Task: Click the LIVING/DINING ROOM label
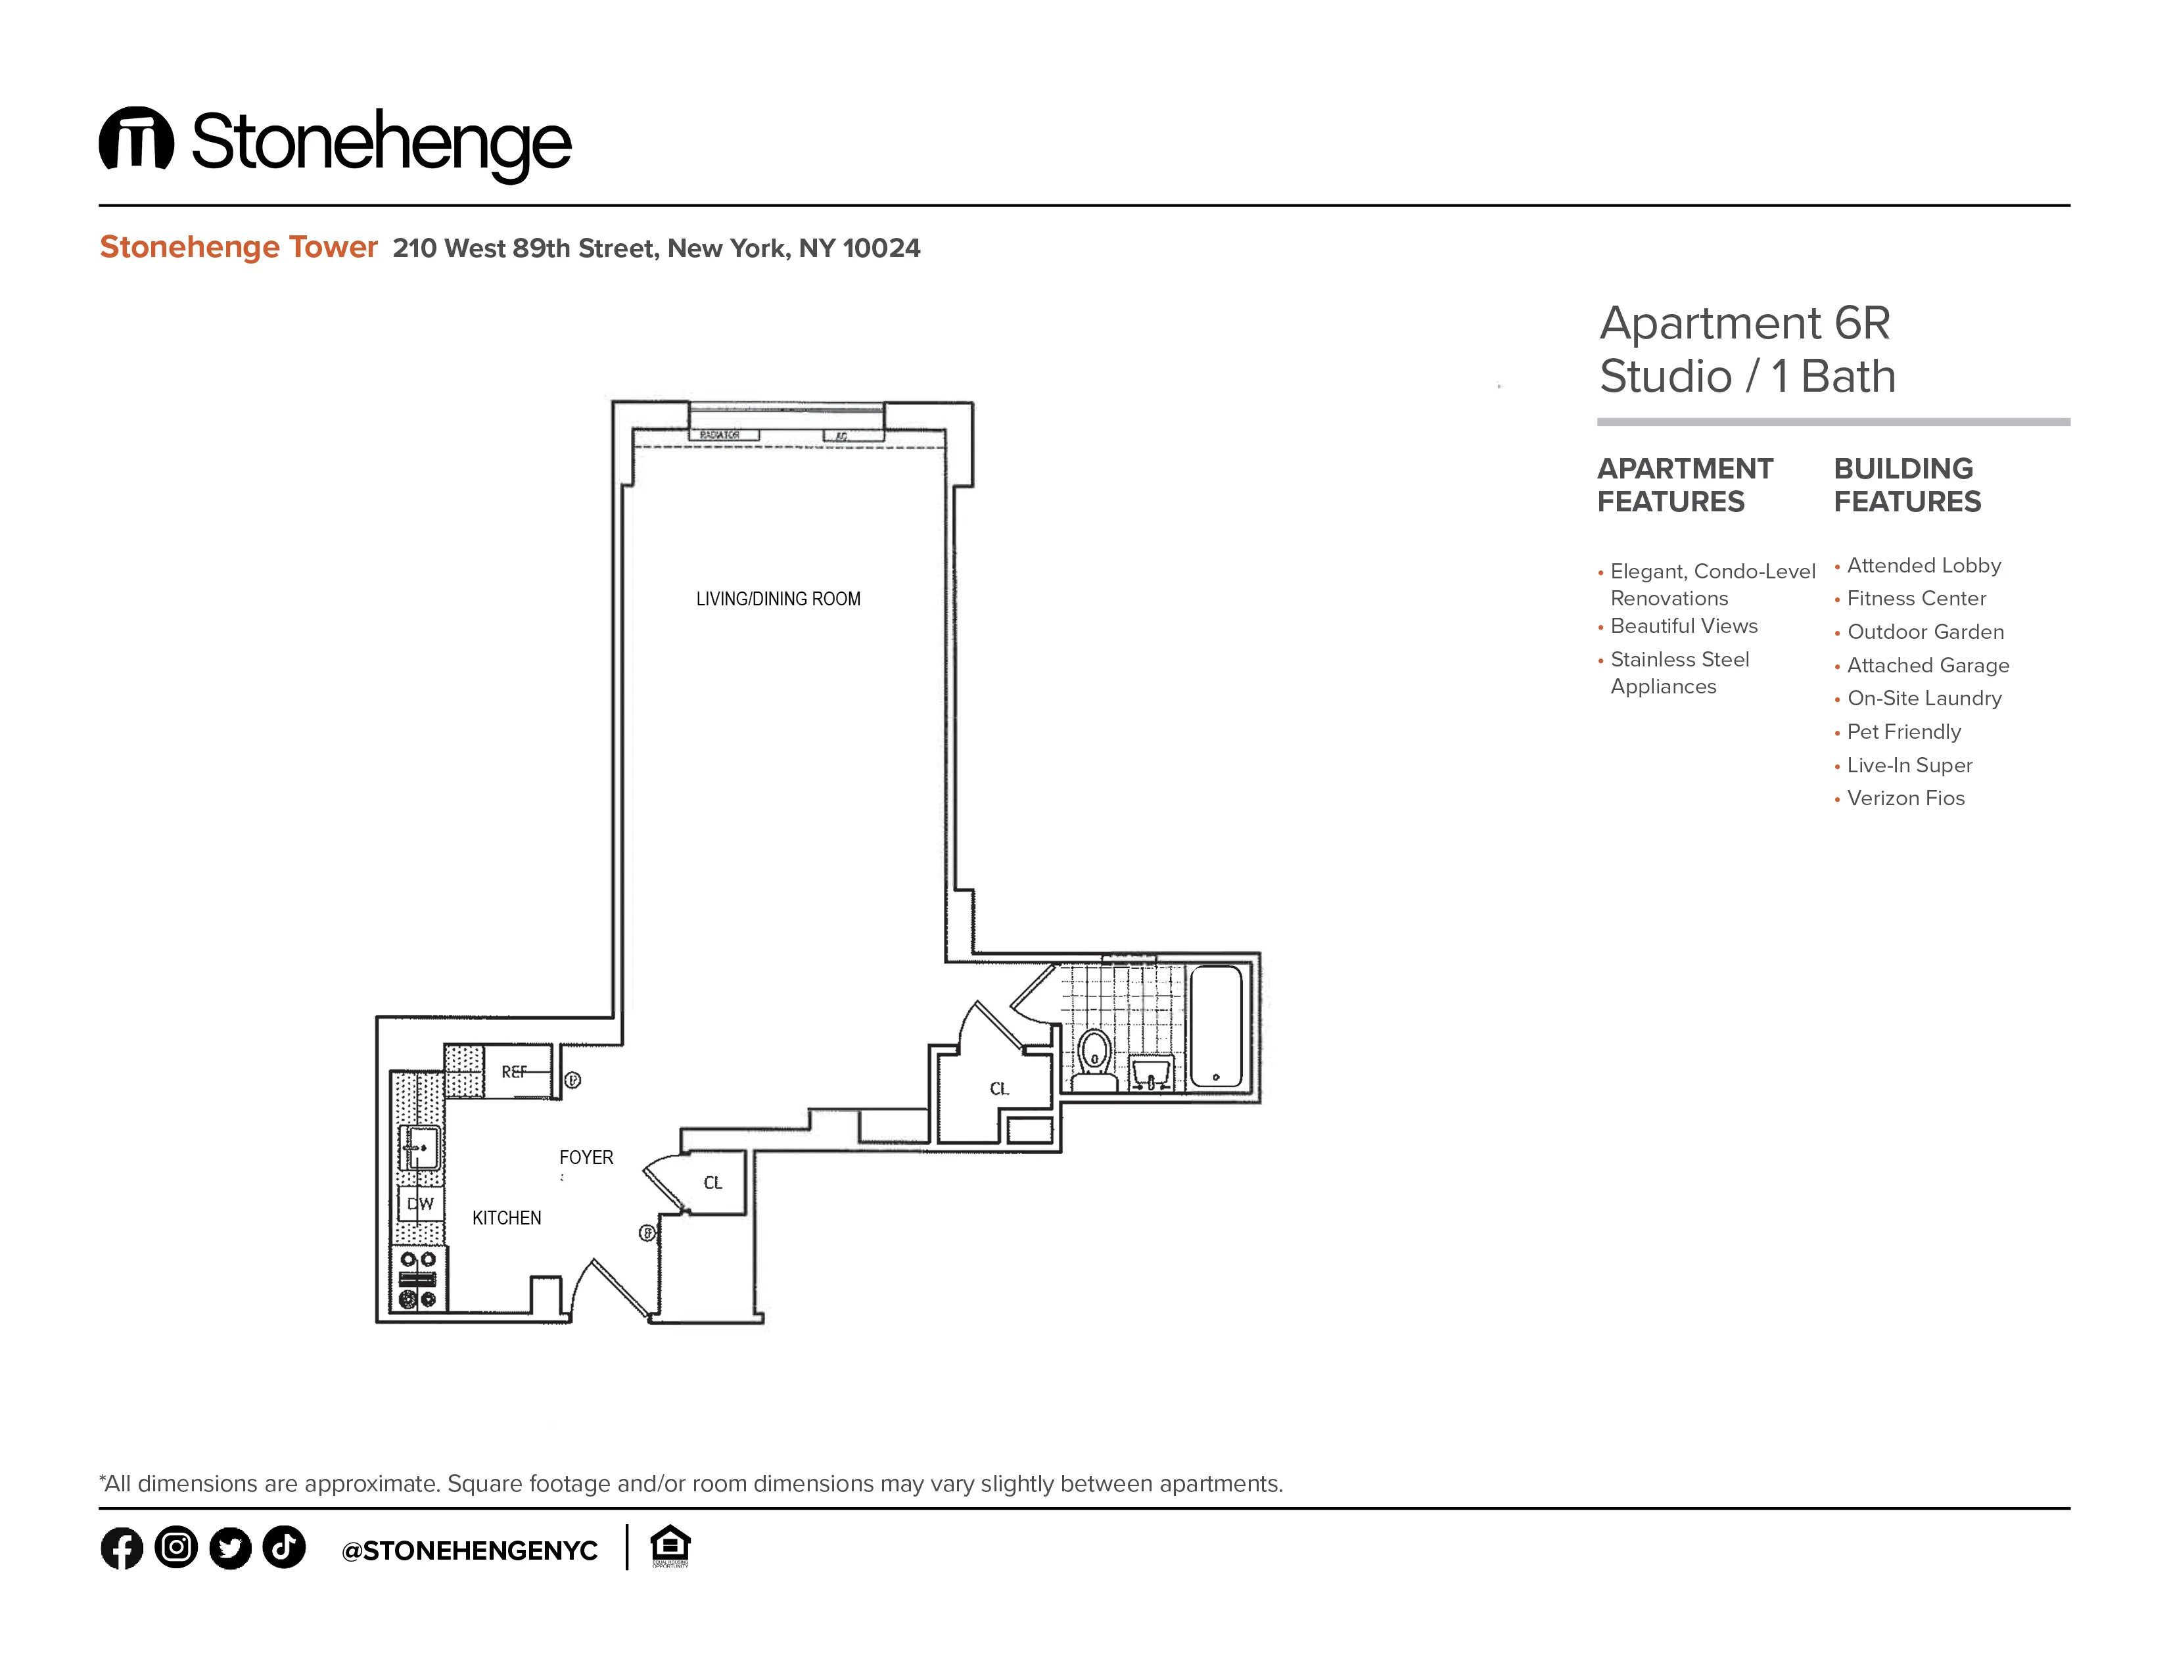click(778, 599)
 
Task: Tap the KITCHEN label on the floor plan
click(507, 1219)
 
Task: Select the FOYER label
click(586, 1157)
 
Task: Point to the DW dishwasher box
click(420, 1203)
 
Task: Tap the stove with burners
click(418, 1279)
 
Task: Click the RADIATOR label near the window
click(720, 435)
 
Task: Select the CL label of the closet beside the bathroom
click(999, 1089)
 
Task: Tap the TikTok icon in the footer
click(284, 1547)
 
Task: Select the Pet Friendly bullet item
click(1903, 732)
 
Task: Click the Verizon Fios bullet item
click(1905, 799)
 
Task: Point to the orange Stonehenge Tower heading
click(239, 246)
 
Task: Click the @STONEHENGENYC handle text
click(469, 1551)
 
